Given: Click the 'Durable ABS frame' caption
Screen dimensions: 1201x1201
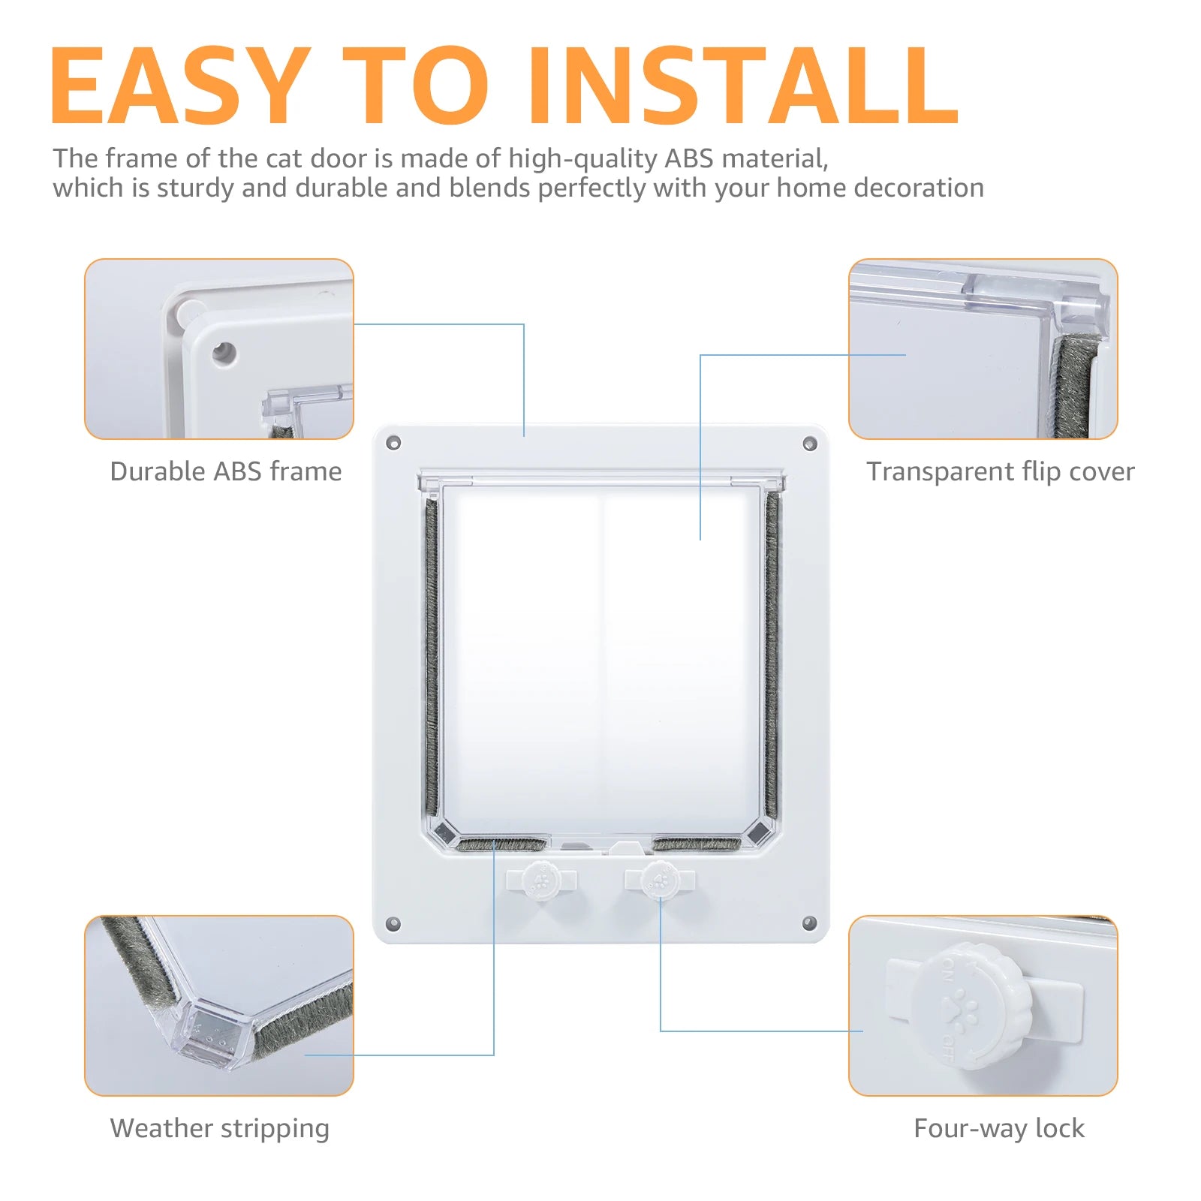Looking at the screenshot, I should [225, 471].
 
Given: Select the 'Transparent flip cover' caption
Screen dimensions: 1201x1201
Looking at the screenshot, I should [1000, 471].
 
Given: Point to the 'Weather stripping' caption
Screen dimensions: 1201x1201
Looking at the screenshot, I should [219, 1128].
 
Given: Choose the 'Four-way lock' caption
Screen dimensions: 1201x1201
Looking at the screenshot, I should [998, 1128].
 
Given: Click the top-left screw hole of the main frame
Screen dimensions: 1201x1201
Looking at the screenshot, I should [393, 443].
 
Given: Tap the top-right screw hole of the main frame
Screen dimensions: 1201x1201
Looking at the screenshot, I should [809, 444].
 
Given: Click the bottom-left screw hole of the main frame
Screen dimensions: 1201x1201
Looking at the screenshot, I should [393, 923].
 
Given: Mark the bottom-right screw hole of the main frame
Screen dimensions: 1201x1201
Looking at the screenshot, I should [809, 923].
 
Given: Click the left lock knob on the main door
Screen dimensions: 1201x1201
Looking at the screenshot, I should [541, 880].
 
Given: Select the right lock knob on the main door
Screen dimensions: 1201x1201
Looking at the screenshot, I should [660, 879].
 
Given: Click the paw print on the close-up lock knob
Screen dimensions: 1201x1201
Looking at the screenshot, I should [962, 1006].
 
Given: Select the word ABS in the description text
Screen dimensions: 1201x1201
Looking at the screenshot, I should [688, 158].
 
